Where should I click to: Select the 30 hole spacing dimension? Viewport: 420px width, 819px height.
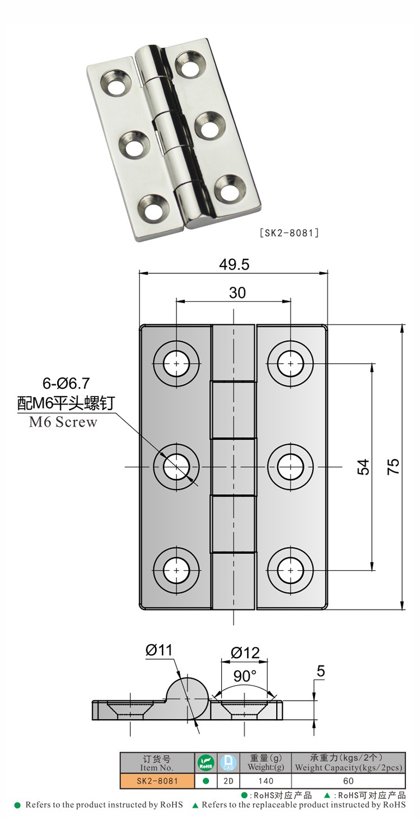(x=237, y=292)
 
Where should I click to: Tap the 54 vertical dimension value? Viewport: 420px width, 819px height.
(x=363, y=467)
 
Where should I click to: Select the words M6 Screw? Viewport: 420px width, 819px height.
(x=63, y=422)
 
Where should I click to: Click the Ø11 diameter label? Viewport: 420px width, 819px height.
(x=160, y=650)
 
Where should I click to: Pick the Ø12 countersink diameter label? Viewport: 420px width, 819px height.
(x=245, y=653)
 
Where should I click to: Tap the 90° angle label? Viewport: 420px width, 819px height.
(x=245, y=676)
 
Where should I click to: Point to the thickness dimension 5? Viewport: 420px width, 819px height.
(x=320, y=672)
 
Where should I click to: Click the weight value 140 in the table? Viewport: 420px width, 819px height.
(x=265, y=780)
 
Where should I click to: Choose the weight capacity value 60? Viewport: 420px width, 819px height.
(x=348, y=780)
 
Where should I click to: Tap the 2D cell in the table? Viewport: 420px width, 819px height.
(x=228, y=780)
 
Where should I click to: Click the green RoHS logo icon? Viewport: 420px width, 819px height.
(x=205, y=762)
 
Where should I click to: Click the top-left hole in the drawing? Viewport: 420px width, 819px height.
(x=176, y=363)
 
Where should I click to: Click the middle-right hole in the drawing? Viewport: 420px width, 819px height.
(x=290, y=467)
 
